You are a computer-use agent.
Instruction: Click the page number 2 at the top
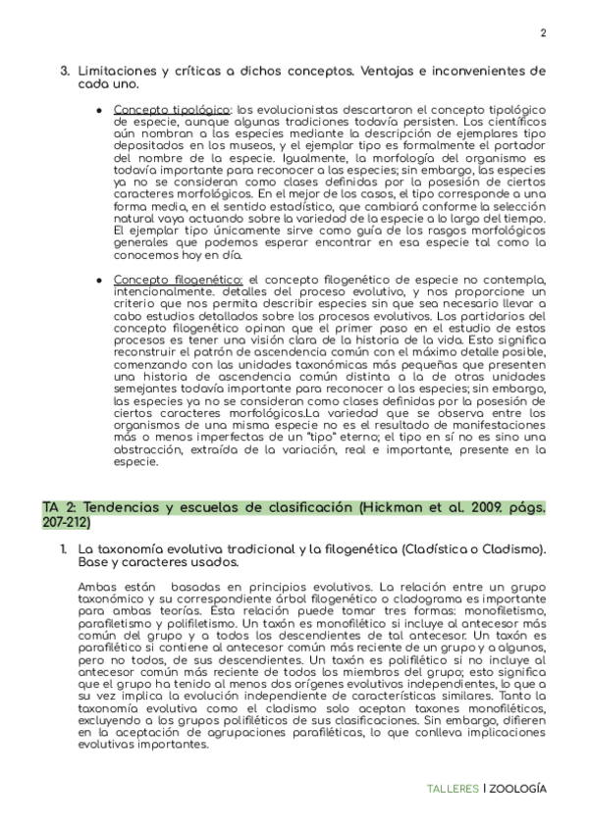[542, 32]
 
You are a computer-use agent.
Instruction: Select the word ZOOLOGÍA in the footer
[518, 789]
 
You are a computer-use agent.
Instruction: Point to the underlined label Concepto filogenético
[178, 280]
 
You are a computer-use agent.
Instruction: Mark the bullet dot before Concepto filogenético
[99, 280]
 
